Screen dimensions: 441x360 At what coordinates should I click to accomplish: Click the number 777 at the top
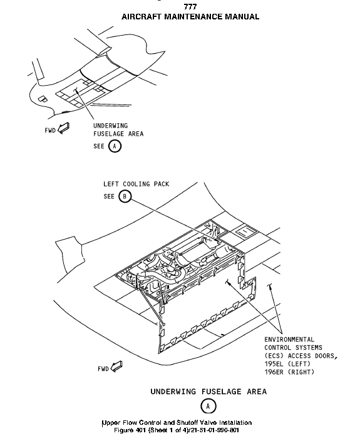click(190, 7)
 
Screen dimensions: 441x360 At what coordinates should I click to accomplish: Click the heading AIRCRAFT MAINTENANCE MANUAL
click(190, 17)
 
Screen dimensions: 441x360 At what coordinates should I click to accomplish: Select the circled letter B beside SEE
click(125, 196)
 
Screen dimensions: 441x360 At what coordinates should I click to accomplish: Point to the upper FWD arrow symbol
click(63, 128)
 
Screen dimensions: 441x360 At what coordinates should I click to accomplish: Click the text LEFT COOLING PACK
click(136, 184)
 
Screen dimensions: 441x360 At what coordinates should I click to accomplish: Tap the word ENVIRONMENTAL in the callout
click(289, 340)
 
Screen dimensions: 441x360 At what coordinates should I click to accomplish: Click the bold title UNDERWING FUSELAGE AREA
click(208, 392)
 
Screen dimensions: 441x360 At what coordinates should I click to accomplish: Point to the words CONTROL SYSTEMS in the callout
click(294, 348)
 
